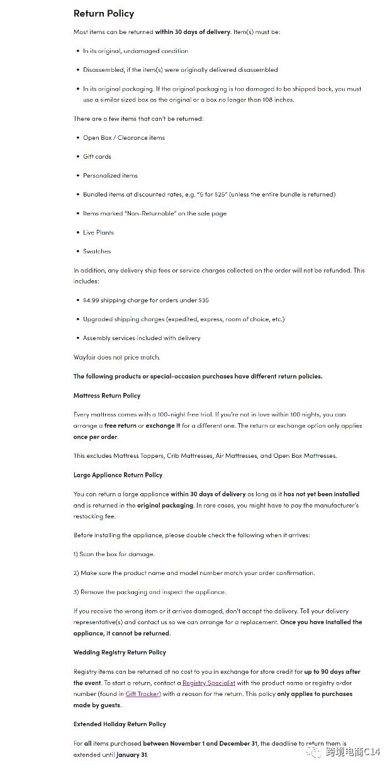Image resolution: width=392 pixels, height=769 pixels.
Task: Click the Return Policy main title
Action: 104,13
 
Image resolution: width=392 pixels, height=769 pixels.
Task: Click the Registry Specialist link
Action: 208,683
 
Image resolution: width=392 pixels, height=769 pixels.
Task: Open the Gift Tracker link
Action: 142,694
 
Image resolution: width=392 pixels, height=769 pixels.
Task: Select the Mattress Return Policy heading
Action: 107,396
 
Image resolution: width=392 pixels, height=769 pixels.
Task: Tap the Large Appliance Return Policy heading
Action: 118,475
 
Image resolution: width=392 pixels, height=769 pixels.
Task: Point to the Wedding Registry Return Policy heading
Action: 120,652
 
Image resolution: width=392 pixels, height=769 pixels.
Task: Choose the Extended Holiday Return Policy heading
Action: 119,724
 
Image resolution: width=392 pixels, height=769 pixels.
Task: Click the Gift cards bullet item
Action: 97,157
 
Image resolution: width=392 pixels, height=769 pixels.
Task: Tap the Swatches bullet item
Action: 97,251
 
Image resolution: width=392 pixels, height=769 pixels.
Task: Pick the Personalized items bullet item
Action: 110,176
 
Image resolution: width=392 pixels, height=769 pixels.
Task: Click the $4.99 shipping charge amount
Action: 91,300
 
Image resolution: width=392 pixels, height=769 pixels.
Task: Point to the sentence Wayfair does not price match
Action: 116,357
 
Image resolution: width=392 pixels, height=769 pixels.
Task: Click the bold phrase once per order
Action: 95,437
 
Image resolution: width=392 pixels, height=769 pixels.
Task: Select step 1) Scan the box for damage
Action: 114,554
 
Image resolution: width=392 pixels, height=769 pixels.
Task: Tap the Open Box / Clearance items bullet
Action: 124,138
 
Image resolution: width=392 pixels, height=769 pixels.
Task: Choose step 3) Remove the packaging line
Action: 150,592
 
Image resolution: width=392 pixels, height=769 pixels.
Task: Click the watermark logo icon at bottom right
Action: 313,751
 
